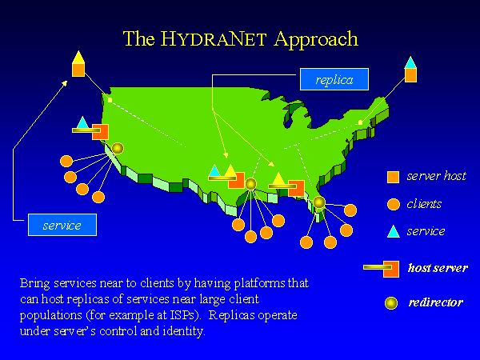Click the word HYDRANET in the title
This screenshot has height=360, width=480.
(214, 39)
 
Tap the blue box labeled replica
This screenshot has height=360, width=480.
(334, 79)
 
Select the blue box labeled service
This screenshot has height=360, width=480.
(62, 225)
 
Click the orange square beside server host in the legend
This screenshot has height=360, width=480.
(393, 177)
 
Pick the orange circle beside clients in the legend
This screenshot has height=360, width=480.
(394, 204)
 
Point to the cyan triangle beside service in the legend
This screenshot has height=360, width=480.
(394, 231)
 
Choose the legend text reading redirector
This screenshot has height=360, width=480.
(436, 302)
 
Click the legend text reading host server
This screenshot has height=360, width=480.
(438, 268)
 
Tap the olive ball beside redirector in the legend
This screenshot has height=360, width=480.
(391, 303)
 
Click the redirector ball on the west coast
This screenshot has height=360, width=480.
(118, 149)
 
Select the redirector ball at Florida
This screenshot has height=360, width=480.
(319, 202)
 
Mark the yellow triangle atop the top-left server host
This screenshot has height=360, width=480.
(78, 57)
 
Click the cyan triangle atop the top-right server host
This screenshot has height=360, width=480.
(410, 62)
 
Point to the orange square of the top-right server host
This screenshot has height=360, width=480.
(410, 75)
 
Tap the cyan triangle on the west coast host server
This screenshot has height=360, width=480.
(82, 122)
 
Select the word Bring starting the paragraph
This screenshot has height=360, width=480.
(34, 283)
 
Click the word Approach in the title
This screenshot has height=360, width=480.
(316, 40)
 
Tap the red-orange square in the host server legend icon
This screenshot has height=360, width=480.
(391, 269)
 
